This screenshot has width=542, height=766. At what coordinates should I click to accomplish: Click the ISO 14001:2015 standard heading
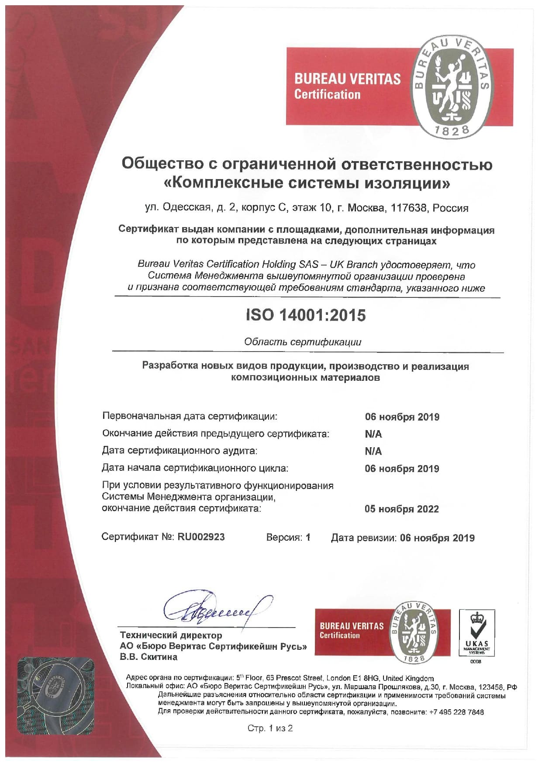(306, 315)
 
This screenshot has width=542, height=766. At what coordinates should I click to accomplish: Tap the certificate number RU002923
(201, 537)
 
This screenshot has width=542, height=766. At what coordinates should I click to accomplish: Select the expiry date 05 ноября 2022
(402, 509)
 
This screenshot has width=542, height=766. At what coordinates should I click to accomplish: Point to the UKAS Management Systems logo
(476, 634)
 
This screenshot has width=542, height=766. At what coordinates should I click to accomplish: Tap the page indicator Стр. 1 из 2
(270, 728)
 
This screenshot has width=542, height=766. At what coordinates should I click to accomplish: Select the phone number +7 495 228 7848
(457, 712)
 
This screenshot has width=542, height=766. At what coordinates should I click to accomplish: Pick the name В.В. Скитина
(149, 657)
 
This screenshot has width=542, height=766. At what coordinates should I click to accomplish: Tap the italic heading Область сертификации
(303, 342)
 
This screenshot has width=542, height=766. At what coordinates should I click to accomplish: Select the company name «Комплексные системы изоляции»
(307, 183)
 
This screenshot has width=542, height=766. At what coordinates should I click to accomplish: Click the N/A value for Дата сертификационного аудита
(373, 451)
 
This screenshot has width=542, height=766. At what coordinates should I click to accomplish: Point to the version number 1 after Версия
(308, 537)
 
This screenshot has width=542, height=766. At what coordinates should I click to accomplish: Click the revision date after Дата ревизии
(437, 538)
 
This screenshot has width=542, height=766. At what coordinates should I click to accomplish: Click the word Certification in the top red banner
(328, 94)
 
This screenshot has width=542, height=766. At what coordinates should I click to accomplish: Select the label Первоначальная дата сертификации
(190, 416)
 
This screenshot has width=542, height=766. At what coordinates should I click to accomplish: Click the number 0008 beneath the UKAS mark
(476, 662)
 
